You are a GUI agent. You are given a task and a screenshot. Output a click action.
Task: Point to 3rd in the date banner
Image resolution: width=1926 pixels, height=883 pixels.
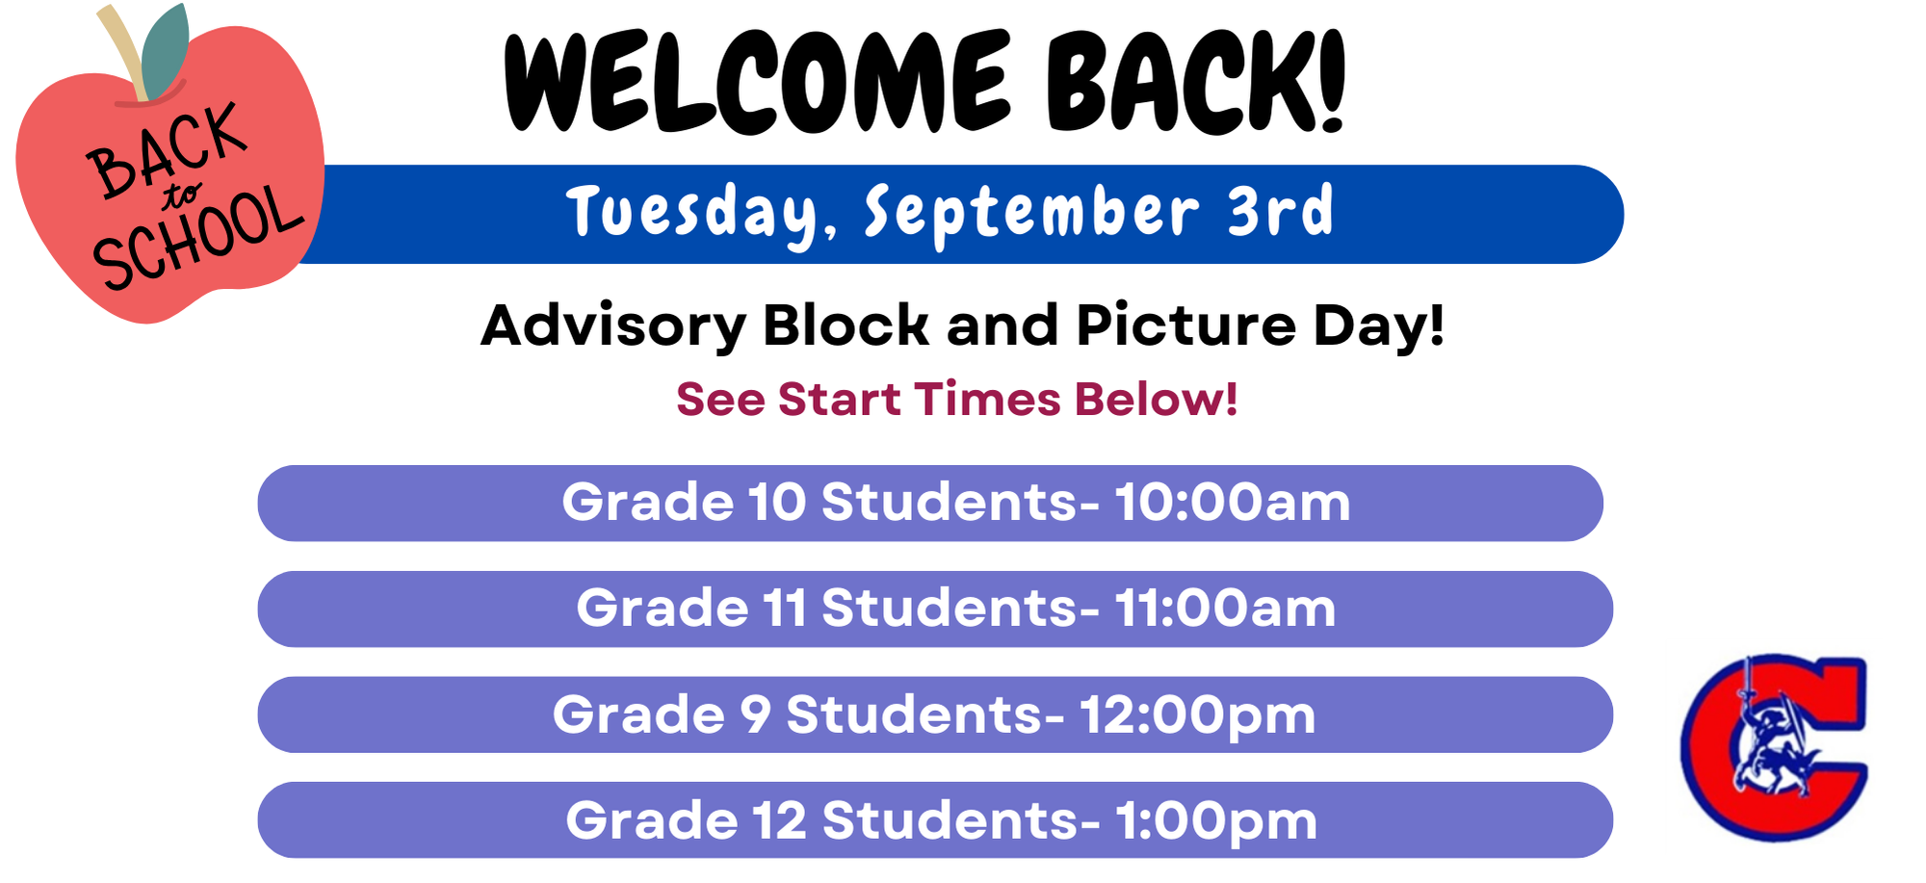pyautogui.click(x=1281, y=210)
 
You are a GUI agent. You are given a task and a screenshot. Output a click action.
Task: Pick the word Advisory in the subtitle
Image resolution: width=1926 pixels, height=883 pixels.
pyautogui.click(x=613, y=326)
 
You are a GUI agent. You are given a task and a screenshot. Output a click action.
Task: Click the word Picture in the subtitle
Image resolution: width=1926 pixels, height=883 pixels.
pyautogui.click(x=1186, y=325)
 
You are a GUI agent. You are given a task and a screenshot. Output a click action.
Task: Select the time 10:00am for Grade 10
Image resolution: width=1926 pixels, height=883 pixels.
pyautogui.click(x=1233, y=503)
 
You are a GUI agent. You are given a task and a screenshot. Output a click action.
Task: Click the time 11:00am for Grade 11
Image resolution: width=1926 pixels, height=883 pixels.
pyautogui.click(x=1225, y=609)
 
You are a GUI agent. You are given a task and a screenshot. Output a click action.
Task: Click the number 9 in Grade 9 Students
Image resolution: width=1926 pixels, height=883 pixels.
pyautogui.click(x=756, y=715)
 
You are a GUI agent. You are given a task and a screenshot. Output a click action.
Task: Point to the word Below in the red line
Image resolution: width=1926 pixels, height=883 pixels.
pyautogui.click(x=1157, y=400)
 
